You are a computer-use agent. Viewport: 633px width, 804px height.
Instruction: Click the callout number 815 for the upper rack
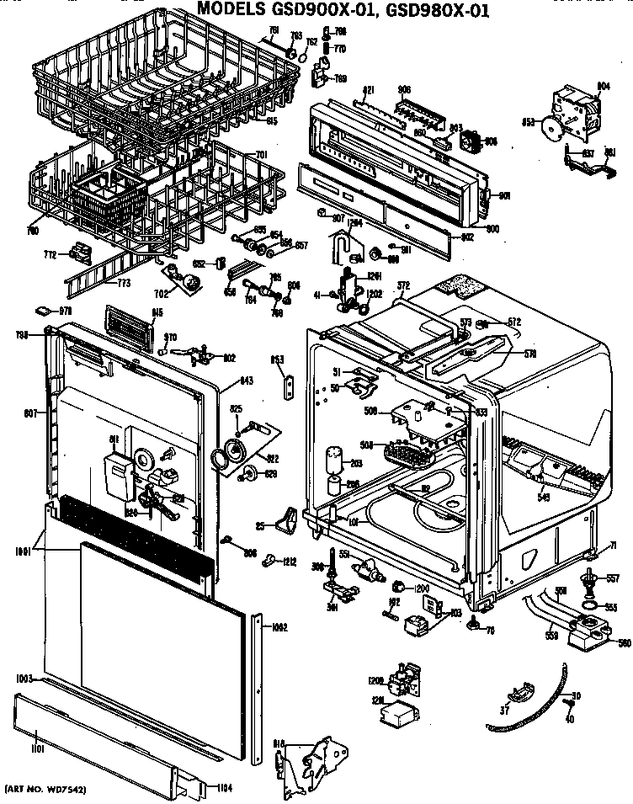click(x=272, y=121)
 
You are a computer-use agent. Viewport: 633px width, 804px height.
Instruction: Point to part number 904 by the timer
click(x=603, y=86)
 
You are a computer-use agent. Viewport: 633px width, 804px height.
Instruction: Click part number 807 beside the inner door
click(x=29, y=413)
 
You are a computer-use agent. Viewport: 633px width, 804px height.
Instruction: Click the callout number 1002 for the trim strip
click(x=279, y=626)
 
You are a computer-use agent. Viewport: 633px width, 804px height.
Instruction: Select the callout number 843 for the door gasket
click(x=246, y=381)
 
